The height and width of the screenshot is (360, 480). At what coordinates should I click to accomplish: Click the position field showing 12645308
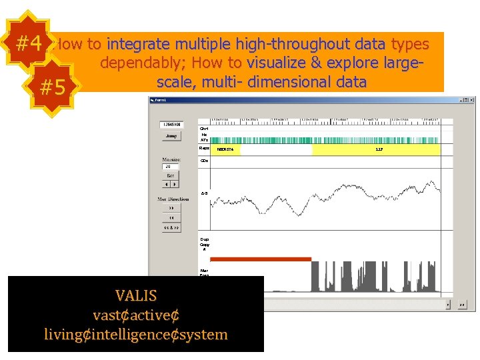pos(172,125)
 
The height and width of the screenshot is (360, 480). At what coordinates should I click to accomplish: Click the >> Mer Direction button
pos(171,207)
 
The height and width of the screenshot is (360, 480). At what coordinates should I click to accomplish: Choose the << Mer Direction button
pos(171,217)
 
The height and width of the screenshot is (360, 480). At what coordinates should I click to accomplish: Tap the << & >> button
pos(171,228)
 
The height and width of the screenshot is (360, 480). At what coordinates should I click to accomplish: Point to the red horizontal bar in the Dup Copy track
pos(261,259)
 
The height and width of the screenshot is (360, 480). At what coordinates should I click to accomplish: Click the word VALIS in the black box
pos(136,295)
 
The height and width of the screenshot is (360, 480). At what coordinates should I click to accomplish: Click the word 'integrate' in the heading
pos(138,45)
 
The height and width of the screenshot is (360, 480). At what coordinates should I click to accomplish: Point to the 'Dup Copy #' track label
pos(205,244)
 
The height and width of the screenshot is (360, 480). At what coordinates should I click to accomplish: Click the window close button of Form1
pos(472,100)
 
